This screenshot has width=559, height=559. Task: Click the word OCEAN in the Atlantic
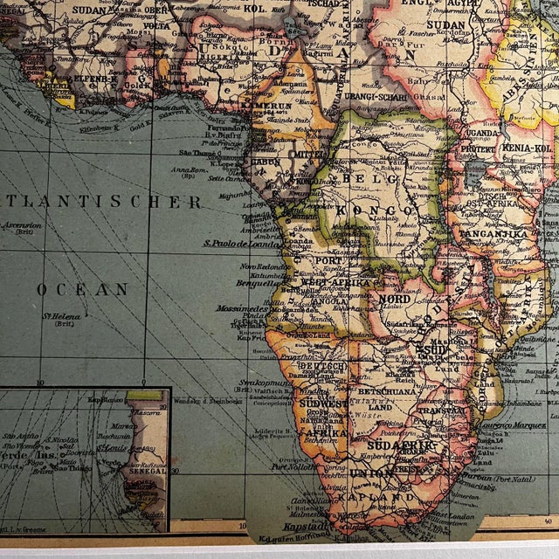(83, 289)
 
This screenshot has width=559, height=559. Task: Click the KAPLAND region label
(380, 497)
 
